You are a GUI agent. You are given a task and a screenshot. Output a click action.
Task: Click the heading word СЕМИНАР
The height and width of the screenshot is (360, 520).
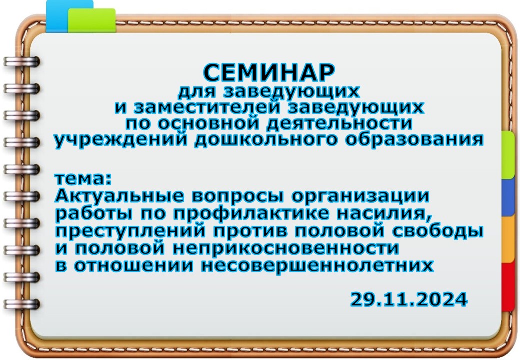click(269, 73)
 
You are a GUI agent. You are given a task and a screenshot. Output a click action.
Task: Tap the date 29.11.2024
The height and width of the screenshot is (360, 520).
click(409, 299)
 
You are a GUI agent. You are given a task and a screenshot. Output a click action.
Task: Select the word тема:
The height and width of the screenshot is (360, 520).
click(83, 179)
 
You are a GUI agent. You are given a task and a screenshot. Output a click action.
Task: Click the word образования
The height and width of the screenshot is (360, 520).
click(414, 140)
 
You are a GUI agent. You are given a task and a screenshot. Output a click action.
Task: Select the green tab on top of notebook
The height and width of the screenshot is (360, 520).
click(92, 20)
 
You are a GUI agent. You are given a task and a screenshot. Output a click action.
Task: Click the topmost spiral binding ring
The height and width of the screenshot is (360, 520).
click(22, 62)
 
